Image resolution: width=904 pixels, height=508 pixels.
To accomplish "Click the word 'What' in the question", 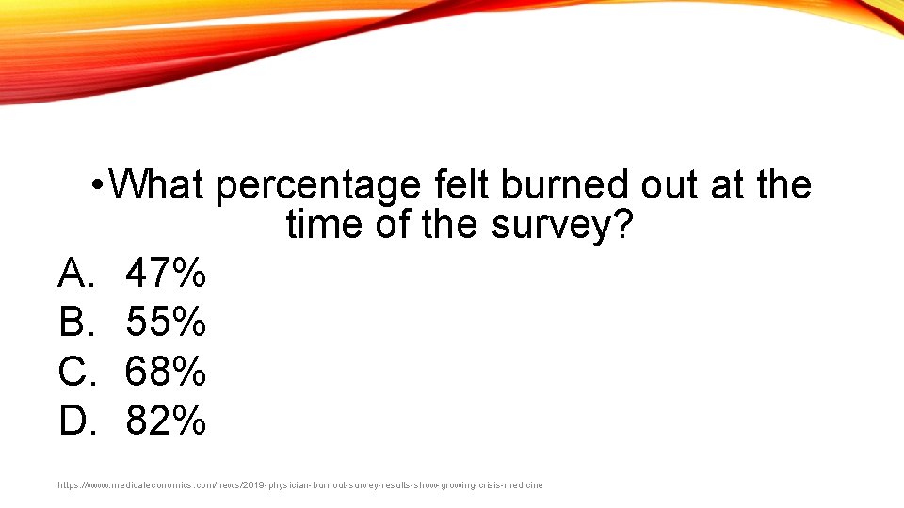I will [x=156, y=185].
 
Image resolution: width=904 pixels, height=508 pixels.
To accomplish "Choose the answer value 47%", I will [x=166, y=274].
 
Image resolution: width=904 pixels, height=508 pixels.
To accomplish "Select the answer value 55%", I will [x=166, y=323].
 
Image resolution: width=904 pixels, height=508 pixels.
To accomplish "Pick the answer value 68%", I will [x=166, y=372].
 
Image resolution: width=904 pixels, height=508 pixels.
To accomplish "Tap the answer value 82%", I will [x=166, y=421].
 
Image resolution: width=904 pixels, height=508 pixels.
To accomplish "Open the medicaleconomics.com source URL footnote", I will [x=300, y=485].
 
